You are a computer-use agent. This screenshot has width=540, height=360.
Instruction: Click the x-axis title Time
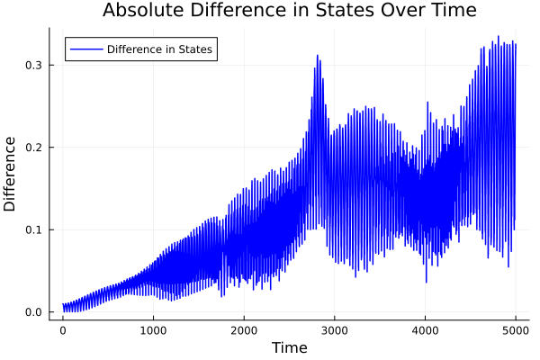click(289, 347)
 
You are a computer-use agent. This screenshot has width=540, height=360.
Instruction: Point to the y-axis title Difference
click(11, 174)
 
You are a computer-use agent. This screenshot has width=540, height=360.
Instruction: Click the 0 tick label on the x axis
click(63, 329)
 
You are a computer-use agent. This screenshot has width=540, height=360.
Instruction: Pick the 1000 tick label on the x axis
click(153, 329)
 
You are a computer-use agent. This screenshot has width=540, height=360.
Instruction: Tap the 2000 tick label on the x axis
click(244, 329)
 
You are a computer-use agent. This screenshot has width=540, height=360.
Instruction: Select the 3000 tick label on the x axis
click(335, 329)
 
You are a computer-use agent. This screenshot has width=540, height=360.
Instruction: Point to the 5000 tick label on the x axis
click(516, 329)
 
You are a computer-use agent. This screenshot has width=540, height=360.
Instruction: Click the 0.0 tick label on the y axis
click(33, 312)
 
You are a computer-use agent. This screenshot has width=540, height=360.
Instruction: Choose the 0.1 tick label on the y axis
click(33, 229)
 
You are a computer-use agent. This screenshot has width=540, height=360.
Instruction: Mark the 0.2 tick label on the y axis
click(33, 148)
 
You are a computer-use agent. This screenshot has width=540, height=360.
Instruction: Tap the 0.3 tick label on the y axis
click(33, 65)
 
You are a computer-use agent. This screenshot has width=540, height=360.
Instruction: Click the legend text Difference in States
click(159, 49)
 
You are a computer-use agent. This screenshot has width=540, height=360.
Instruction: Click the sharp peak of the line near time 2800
click(317, 56)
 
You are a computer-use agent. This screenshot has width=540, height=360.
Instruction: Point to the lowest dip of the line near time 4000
click(427, 282)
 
